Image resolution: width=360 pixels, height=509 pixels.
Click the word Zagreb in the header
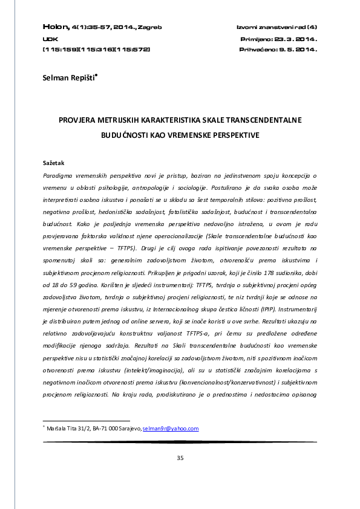pos(149,28)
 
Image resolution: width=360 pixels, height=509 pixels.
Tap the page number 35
pos(180,458)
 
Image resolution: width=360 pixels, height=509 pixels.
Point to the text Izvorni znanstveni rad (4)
pos(277,28)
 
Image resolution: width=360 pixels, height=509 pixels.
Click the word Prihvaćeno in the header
pos(258,50)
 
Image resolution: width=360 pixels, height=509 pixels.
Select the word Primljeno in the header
pos(257,39)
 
